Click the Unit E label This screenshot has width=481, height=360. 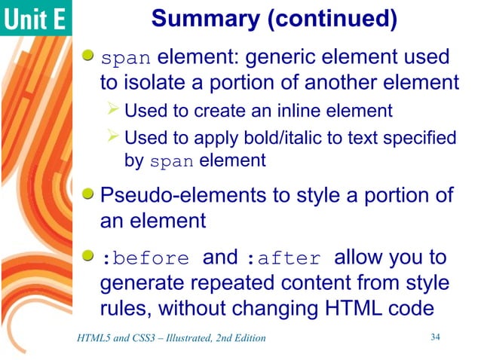point(36,18)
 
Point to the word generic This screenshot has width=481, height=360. point(286,58)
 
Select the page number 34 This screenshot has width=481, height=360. point(434,336)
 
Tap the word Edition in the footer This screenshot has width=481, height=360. point(248,337)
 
